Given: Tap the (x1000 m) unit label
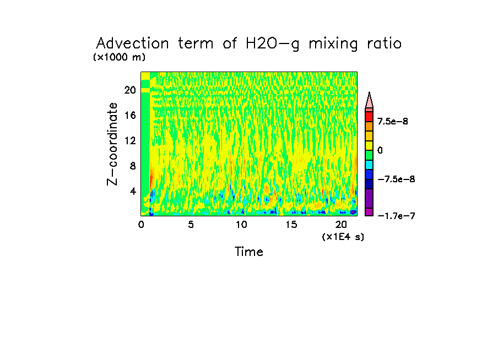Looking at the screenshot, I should point(120,57).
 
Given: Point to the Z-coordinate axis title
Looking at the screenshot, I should point(112,144).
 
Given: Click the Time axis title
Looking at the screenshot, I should point(249,252).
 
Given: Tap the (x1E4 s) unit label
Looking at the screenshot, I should point(343,237).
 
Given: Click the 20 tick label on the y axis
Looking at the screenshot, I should point(129,90).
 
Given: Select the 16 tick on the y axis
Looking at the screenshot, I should point(129,116).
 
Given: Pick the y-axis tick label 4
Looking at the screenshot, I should point(133,192).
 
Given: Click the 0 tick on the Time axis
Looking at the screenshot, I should point(141,225).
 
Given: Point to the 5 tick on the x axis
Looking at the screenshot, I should point(191,225).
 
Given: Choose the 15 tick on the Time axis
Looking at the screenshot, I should point(291,225).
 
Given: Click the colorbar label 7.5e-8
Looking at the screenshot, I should point(393,121).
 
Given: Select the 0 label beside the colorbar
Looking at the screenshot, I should point(380,150).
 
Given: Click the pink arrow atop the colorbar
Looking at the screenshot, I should point(369,101).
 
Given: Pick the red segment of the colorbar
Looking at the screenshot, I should point(369,117).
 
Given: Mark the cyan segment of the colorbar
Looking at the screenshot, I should point(369,165).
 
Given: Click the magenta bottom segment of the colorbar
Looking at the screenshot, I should point(369,212).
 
